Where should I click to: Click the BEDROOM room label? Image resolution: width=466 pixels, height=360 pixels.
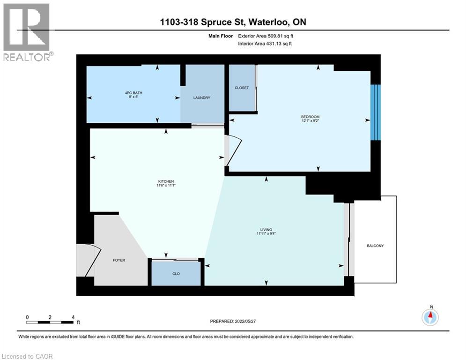310,117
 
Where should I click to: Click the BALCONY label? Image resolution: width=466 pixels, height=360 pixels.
375,246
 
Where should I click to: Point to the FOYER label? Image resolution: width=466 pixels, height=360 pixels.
119,260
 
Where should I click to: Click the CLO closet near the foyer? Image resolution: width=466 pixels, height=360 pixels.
176,273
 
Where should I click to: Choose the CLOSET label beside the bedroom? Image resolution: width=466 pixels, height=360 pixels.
241,88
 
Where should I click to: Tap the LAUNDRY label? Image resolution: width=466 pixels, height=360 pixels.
202,98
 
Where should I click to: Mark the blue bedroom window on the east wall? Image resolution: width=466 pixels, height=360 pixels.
376,112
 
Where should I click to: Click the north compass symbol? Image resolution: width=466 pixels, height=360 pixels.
430,317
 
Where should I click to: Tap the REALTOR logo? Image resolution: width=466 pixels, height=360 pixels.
27,32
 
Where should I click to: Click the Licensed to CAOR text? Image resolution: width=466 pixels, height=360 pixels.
27,356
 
